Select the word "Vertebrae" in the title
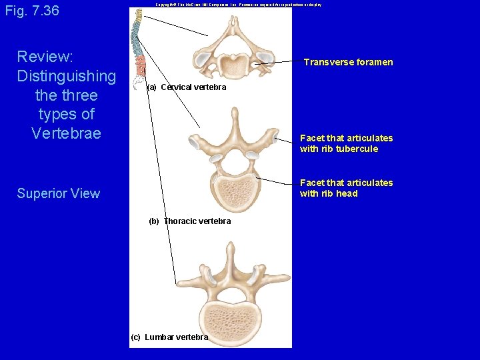tap(66, 133)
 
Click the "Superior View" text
tap(59, 194)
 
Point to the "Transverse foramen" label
tap(348, 63)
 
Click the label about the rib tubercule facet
tap(346, 143)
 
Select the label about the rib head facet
tap(346, 188)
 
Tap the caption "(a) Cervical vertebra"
tap(187, 87)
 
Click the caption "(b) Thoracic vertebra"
tap(190, 221)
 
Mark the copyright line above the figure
tap(238, 5)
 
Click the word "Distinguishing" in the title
tap(66, 76)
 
